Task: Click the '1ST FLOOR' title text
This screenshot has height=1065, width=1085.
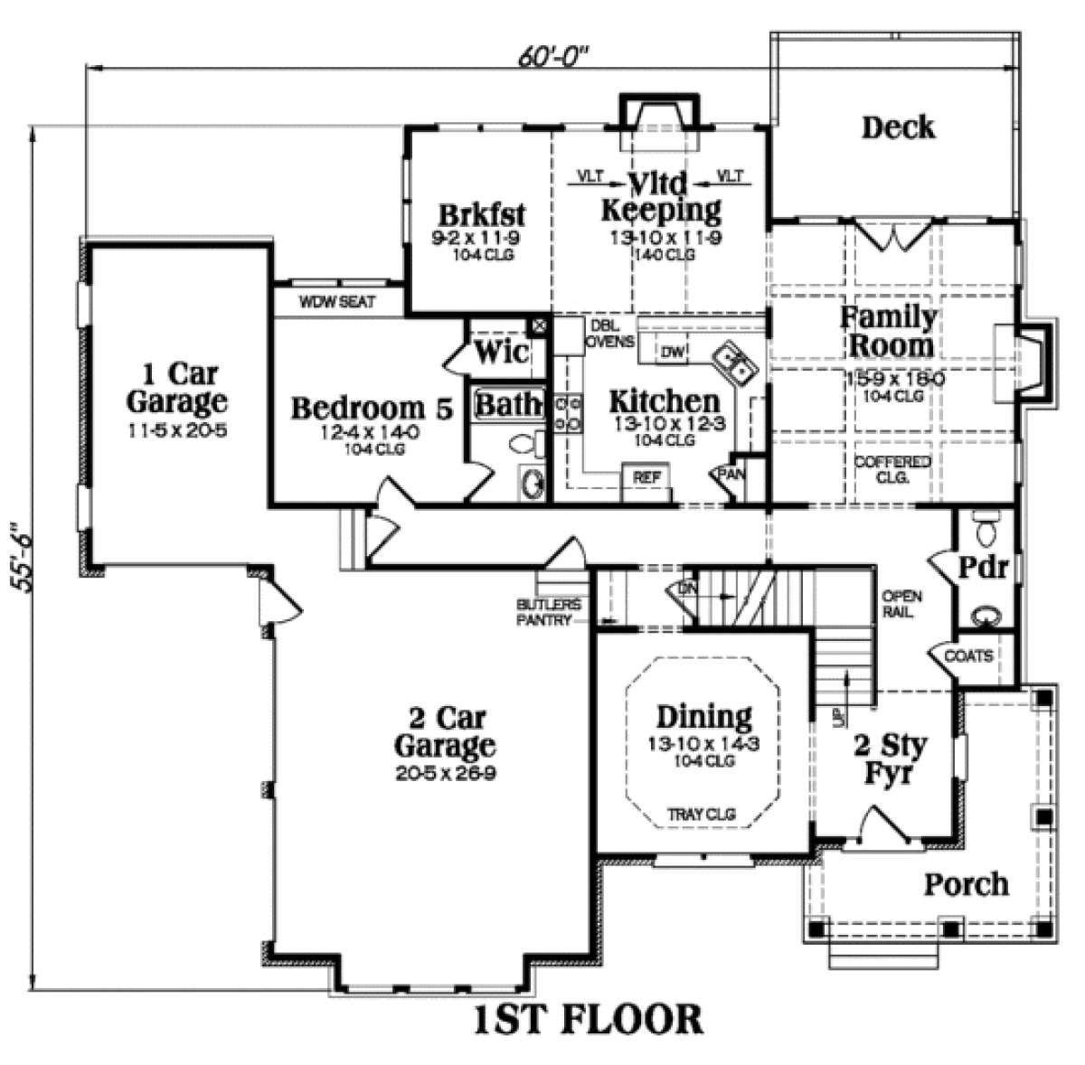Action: pos(588,1019)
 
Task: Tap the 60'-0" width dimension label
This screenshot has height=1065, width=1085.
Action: pos(552,56)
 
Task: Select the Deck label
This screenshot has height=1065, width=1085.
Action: pos(897,127)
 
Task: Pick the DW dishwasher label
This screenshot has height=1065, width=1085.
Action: pos(671,352)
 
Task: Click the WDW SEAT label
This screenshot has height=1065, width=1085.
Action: pos(337,302)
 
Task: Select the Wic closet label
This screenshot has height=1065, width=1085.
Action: pos(502,352)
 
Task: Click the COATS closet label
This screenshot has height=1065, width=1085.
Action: pos(968,655)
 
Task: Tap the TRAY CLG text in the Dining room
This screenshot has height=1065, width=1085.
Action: pos(701,814)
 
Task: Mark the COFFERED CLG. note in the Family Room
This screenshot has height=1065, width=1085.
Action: pos(892,469)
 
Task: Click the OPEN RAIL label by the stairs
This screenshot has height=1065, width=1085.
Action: pos(901,604)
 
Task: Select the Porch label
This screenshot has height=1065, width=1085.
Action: pos(966,883)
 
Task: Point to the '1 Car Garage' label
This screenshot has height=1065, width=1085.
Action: pos(176,386)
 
